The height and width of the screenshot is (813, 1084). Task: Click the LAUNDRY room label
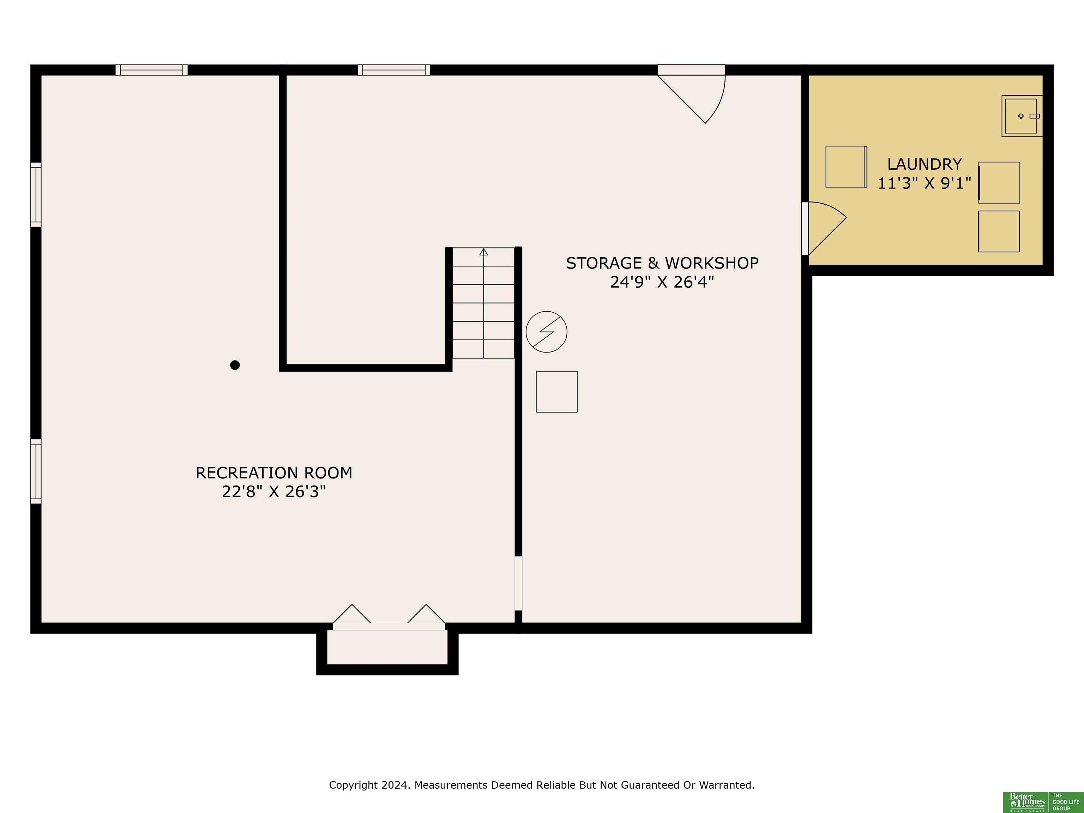click(924, 164)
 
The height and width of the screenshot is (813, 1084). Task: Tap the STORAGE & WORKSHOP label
click(662, 263)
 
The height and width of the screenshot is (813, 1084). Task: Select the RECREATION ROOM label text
click(274, 473)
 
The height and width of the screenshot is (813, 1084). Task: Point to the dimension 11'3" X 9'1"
click(924, 183)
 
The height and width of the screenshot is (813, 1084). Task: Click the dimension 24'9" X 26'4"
click(662, 282)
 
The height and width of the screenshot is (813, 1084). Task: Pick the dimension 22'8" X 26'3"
click(274, 492)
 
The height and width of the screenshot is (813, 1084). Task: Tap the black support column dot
click(235, 365)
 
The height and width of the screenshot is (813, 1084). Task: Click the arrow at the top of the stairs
click(484, 252)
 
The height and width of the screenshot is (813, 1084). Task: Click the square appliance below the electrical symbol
click(557, 392)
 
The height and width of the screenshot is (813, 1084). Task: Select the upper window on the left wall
click(36, 194)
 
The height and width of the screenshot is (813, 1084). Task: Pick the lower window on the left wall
click(36, 471)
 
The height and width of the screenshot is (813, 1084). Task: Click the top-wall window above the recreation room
click(151, 70)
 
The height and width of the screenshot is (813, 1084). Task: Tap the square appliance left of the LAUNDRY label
click(846, 167)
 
